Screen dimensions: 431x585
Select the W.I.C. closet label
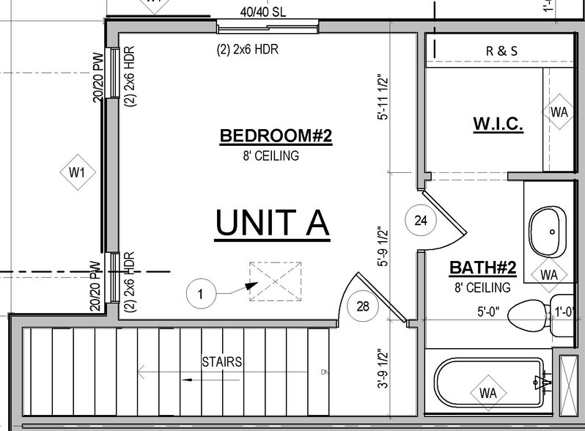click(498, 125)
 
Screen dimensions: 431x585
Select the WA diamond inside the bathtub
click(488, 393)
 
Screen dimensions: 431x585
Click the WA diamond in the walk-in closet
click(559, 112)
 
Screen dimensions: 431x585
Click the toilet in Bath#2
click(529, 316)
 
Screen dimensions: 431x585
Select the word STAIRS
click(223, 361)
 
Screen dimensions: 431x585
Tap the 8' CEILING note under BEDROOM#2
click(271, 155)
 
